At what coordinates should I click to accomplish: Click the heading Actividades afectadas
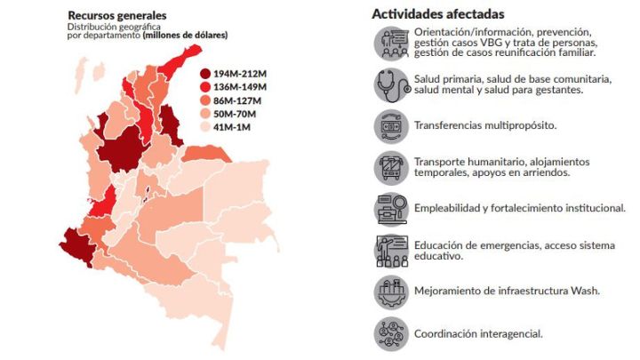point(438,14)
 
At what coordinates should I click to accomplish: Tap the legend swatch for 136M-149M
point(205,87)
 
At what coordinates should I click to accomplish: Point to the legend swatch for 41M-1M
point(205,127)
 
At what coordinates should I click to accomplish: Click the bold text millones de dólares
point(184,36)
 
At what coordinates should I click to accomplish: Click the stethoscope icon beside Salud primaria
point(392,85)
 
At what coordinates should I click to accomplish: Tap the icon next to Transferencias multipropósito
point(392,125)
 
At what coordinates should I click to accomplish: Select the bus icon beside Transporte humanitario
point(392,166)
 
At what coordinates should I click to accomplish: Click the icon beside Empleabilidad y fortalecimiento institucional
point(392,208)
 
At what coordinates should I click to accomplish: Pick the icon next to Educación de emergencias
point(392,250)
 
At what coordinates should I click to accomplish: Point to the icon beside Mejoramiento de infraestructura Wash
point(392,291)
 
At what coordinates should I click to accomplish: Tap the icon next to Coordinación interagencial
point(392,333)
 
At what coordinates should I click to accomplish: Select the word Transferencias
point(450,125)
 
